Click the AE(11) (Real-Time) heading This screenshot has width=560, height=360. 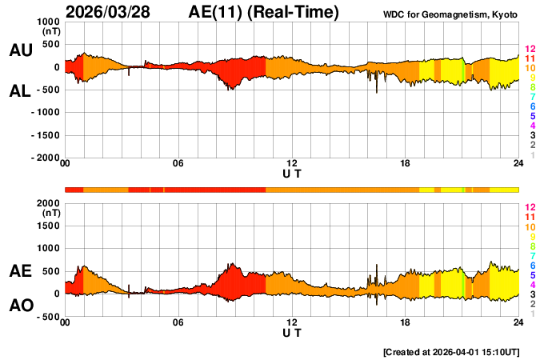(x=264, y=12)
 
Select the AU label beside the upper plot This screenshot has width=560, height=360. (x=20, y=50)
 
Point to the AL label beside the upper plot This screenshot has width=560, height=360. (x=20, y=91)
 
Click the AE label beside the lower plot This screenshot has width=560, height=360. (x=20, y=272)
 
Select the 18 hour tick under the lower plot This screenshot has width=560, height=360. (x=405, y=322)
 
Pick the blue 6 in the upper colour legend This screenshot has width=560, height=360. (x=532, y=106)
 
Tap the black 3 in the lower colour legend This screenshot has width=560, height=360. (x=532, y=294)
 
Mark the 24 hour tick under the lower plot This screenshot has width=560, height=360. (x=518, y=322)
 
